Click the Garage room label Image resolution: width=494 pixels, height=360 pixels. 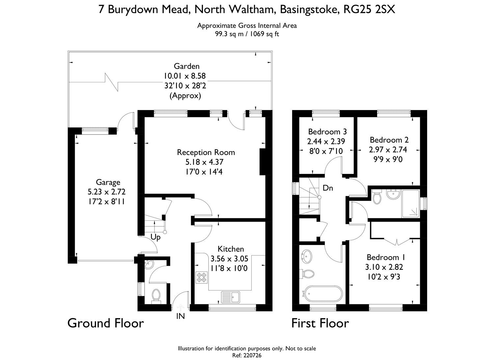(108, 182)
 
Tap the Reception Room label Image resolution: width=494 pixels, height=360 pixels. (206, 152)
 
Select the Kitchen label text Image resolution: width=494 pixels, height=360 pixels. (231, 249)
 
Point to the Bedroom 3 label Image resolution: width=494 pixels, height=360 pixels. (327, 132)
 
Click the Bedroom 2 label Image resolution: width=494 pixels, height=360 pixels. (389, 140)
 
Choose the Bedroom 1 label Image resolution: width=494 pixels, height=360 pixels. (386, 257)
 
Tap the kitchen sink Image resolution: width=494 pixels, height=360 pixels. (231, 297)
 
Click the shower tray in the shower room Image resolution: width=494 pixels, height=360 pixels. (411, 203)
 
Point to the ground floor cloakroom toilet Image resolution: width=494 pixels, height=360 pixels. (156, 296)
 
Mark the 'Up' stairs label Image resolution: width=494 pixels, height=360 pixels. (155, 237)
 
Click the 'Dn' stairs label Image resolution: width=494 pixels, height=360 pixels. (328, 188)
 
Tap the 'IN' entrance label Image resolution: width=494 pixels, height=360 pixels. (180, 316)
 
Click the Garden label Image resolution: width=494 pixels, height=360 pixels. (187, 66)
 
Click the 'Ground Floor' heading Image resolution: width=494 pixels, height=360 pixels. (106, 323)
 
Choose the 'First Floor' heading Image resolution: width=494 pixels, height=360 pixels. (320, 323)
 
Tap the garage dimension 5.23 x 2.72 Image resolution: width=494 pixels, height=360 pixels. (106, 192)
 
